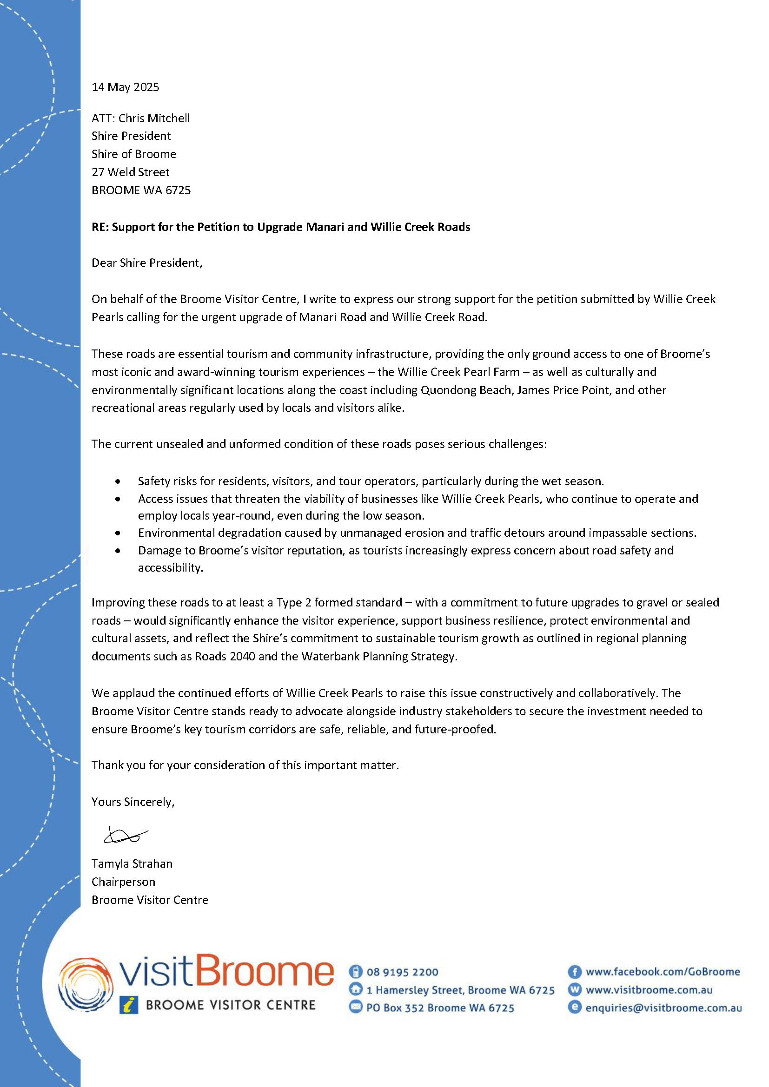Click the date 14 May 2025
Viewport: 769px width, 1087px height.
tap(125, 87)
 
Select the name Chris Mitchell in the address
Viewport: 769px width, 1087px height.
tap(154, 118)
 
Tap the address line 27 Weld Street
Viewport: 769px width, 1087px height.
tap(130, 172)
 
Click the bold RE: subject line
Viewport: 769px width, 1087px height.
tap(281, 227)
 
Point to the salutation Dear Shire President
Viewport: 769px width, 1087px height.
tap(147, 263)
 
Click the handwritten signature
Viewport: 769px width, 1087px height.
tap(125, 836)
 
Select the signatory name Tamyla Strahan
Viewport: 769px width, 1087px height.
tap(132, 863)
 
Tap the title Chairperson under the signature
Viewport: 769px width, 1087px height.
tap(123, 882)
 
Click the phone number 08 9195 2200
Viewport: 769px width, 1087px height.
tap(402, 972)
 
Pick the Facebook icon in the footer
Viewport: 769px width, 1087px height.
tap(574, 972)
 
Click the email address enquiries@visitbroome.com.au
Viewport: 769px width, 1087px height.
tap(663, 1008)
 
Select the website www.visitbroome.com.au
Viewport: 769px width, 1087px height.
tap(649, 990)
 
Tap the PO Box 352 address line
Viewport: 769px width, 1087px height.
tap(440, 1008)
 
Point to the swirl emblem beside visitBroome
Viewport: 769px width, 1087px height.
tap(86, 985)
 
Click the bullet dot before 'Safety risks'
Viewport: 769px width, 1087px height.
tap(118, 481)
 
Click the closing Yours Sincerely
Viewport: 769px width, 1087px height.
tap(133, 802)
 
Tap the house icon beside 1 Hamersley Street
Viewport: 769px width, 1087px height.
tap(355, 989)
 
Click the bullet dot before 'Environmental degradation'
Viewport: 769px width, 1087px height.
tap(118, 533)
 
